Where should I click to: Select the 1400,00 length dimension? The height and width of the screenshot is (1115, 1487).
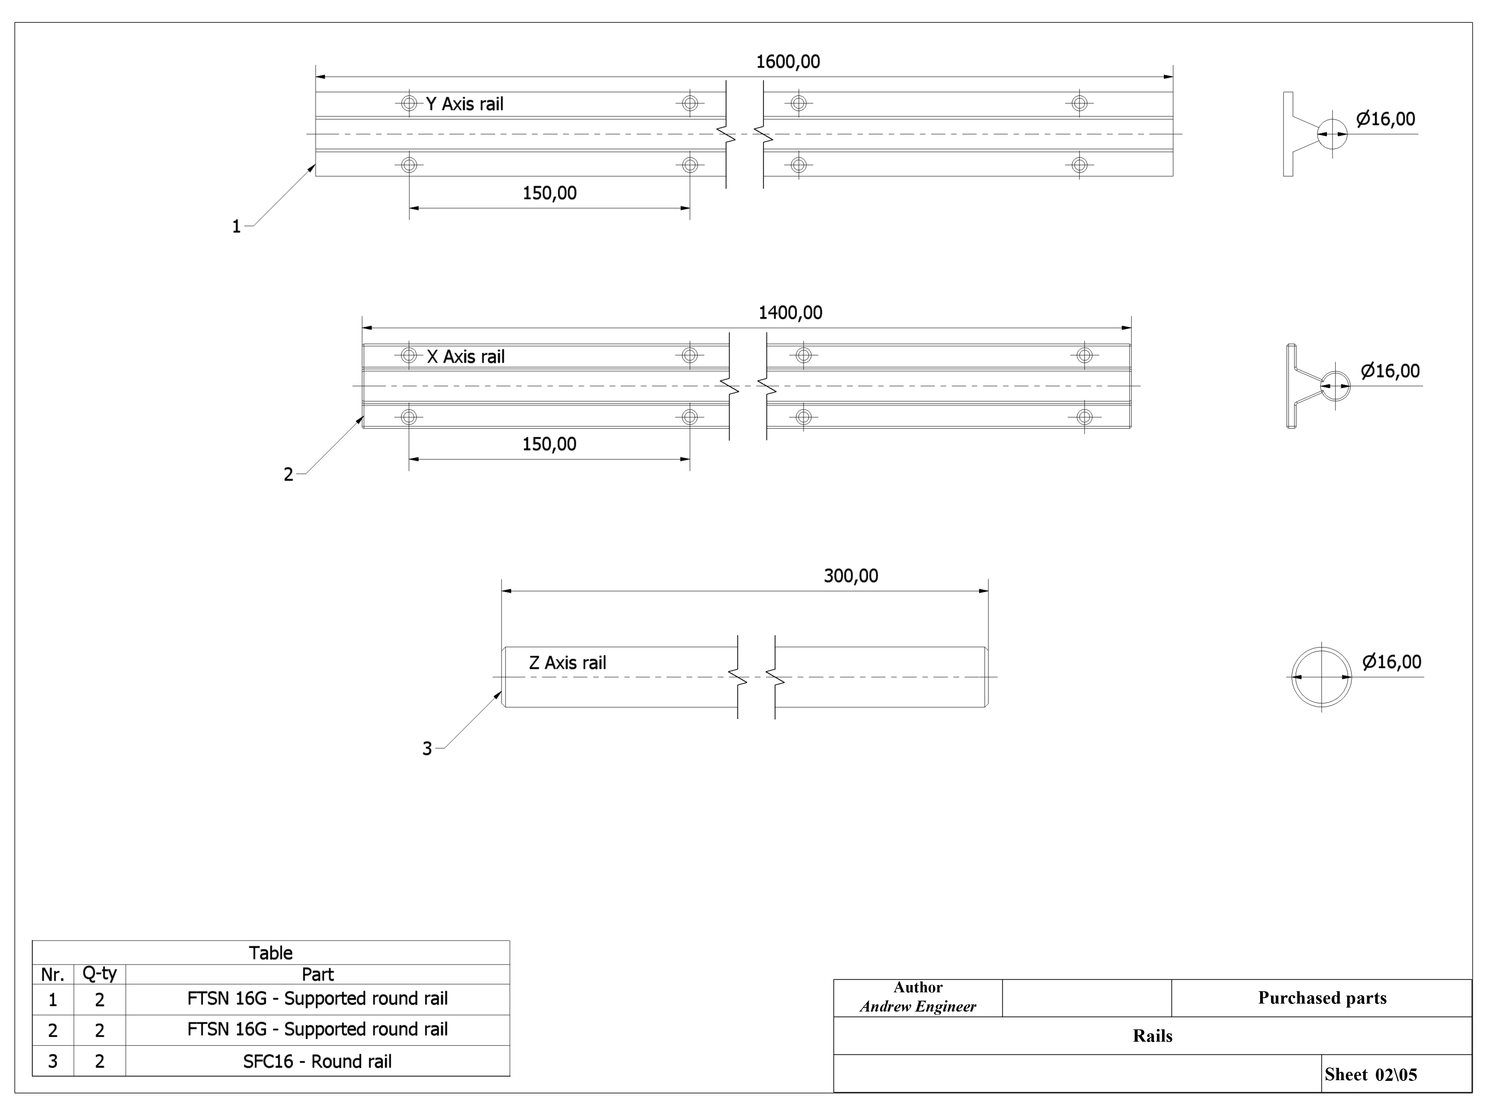click(790, 313)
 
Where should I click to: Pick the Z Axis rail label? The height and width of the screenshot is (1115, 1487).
click(567, 663)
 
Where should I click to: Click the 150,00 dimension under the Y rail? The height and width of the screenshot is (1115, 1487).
click(549, 193)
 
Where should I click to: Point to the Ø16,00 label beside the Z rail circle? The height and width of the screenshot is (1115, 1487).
click(1392, 662)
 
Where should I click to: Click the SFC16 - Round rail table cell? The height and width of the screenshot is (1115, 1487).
click(317, 1061)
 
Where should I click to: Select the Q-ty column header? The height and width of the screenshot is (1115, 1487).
click(99, 974)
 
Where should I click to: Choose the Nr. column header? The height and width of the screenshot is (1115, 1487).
click(52, 975)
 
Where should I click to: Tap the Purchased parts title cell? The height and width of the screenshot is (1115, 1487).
click(1321, 998)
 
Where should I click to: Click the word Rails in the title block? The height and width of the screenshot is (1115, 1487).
click(1152, 1036)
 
